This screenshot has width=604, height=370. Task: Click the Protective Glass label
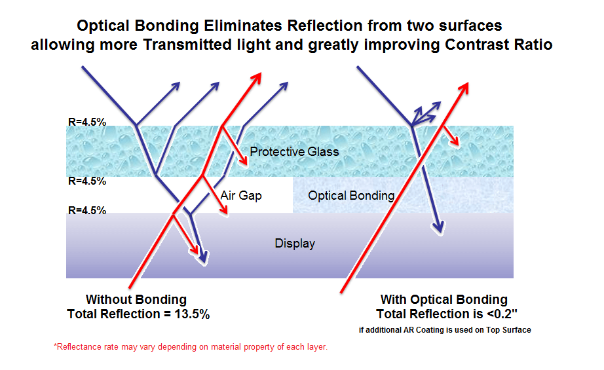(x=294, y=152)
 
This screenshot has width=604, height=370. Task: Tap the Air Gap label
(x=241, y=195)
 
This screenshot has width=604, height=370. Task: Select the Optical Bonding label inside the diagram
(x=351, y=195)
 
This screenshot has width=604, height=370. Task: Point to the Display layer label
(x=295, y=244)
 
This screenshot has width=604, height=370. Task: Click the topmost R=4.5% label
(x=86, y=121)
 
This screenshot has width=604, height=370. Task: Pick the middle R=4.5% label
(x=86, y=181)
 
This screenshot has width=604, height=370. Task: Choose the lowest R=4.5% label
(x=86, y=210)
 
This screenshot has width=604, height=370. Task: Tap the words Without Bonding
(x=136, y=300)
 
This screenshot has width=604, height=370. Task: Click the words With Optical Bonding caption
(x=444, y=300)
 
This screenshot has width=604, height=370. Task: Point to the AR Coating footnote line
(x=445, y=330)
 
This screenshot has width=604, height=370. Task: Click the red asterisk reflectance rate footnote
(x=190, y=346)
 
